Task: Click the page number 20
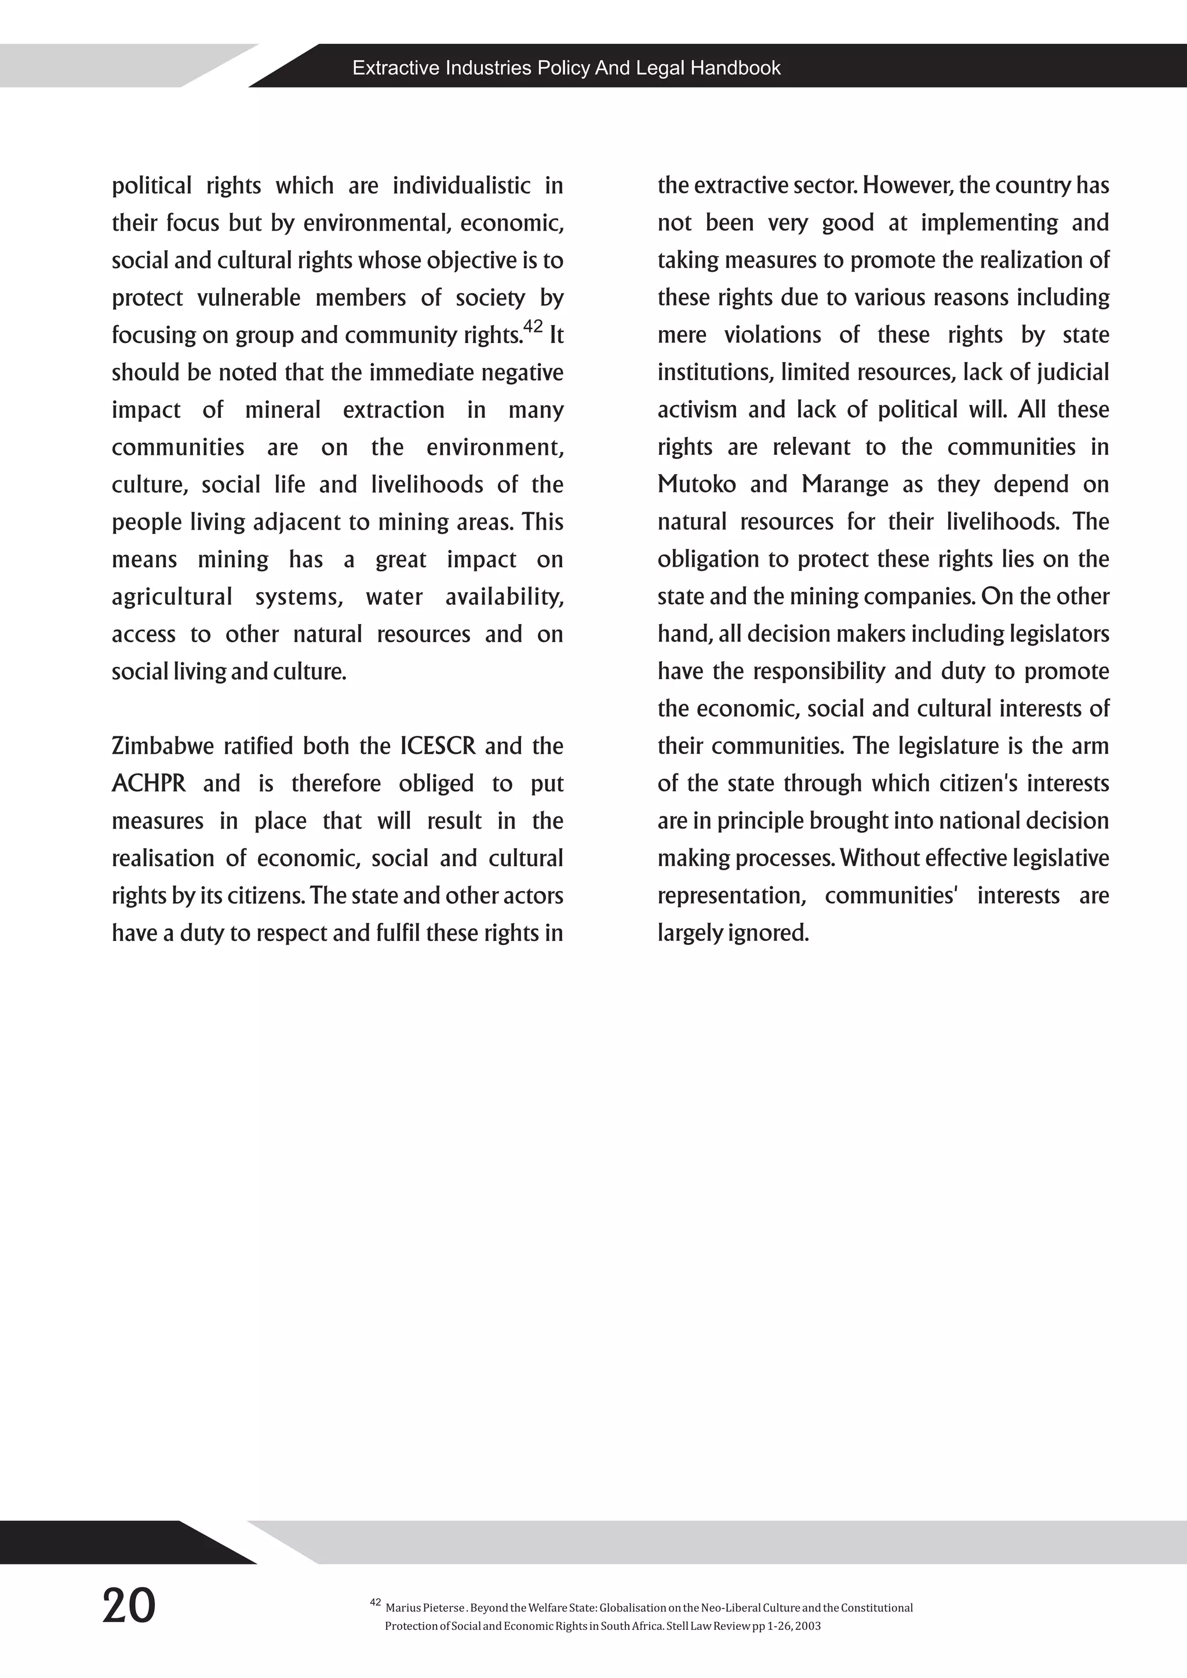129,1606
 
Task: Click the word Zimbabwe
163,746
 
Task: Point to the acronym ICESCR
438,746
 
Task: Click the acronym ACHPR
148,783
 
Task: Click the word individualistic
461,185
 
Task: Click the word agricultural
172,597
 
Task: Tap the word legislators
1058,634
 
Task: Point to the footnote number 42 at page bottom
375,1603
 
